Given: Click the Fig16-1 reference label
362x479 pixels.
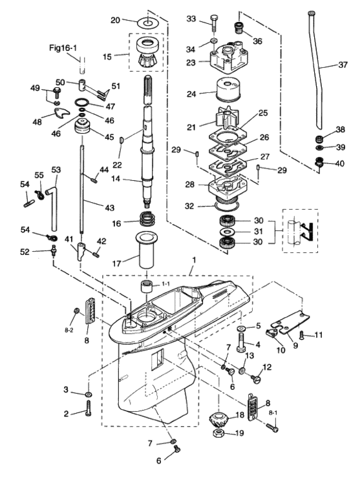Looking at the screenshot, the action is (x=63, y=48).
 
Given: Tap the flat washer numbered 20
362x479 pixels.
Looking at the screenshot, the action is (x=147, y=23).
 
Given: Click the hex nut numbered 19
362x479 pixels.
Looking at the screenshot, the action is (x=219, y=433).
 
